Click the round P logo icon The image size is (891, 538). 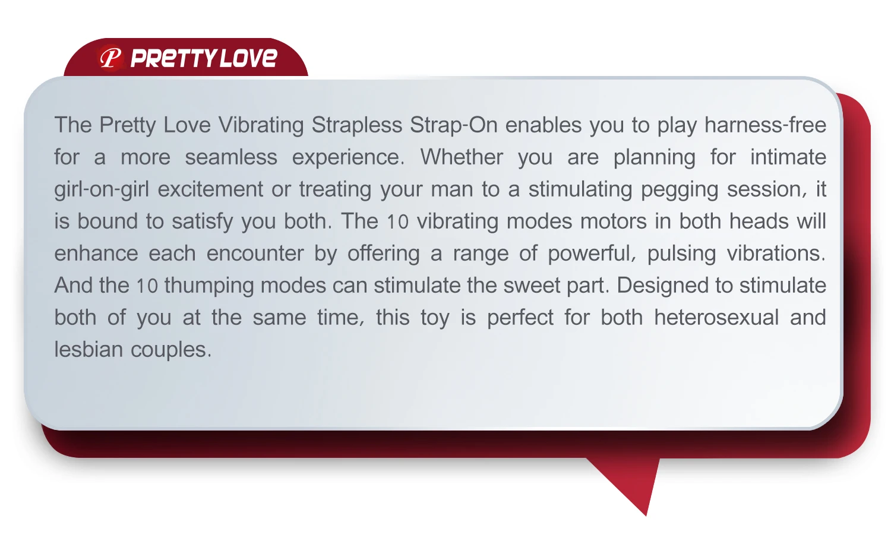point(110,58)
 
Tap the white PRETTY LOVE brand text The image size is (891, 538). point(204,58)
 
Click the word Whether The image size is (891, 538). point(462,157)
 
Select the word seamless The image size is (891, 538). point(231,157)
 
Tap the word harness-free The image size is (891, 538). point(765,125)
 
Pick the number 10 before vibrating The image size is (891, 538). point(398,222)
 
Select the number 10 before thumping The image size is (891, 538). point(147,286)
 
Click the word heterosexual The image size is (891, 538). point(716,318)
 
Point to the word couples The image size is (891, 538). point(171,350)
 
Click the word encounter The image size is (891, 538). point(255,254)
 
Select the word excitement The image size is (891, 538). point(210,189)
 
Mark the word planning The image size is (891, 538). point(654,158)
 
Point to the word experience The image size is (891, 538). point(348,158)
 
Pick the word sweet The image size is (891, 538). point(532,286)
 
